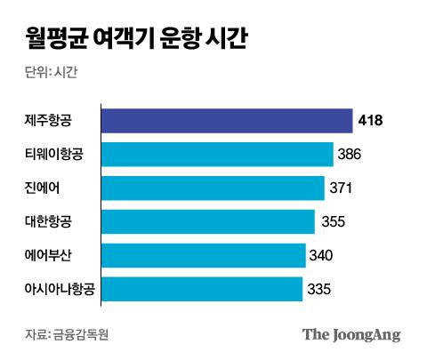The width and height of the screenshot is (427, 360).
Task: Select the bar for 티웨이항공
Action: pyautogui.click(x=217, y=155)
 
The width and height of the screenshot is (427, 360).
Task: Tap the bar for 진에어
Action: pyautogui.click(x=213, y=188)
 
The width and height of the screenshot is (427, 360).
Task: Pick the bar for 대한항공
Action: pyautogui.click(x=208, y=221)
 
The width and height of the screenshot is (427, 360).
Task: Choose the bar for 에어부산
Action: pyautogui.click(x=204, y=255)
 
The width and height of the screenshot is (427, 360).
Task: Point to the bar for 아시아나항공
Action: pyautogui.click(x=202, y=289)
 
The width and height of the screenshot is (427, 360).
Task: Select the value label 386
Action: pyautogui.click(x=349, y=155)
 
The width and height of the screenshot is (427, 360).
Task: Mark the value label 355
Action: pyautogui.click(x=332, y=221)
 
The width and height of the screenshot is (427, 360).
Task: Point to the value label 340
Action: pyautogui.click(x=321, y=255)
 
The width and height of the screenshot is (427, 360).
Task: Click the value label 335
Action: pyautogui.click(x=318, y=289)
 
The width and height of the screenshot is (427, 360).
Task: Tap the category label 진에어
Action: pyautogui.click(x=44, y=188)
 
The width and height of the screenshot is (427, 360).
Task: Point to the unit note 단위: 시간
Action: pyautogui.click(x=51, y=73)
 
